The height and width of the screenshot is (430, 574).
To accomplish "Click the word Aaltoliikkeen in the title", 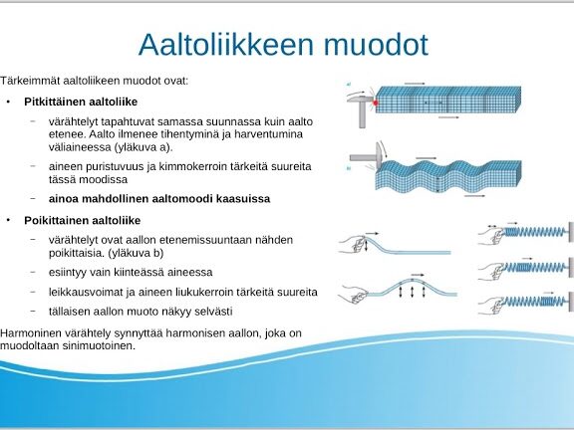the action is tap(226, 44).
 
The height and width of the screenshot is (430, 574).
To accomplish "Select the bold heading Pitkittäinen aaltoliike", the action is tap(81, 102).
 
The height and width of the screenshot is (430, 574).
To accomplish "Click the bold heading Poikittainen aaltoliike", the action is tap(83, 221).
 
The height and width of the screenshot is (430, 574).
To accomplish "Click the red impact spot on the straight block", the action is tap(375, 104).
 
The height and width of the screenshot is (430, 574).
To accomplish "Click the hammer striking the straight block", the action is tap(360, 108).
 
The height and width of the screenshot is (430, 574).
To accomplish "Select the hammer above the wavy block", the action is tap(367, 156).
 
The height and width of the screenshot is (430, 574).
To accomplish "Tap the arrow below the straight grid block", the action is tap(448, 117).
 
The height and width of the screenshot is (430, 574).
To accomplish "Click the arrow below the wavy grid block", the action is tap(474, 196).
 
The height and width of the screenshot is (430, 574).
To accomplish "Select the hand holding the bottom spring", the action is tap(490, 305).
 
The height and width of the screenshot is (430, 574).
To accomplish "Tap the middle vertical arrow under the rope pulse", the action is tap(413, 293).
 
